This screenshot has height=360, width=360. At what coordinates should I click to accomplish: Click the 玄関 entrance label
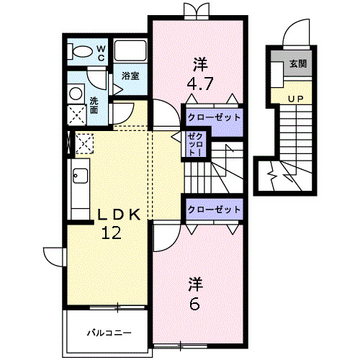click(298, 63)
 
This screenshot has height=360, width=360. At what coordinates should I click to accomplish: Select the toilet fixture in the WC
click(81, 50)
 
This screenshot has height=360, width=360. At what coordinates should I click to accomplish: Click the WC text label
click(101, 52)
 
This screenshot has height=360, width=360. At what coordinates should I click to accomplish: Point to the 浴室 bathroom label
click(130, 76)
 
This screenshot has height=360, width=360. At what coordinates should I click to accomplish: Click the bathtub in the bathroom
click(131, 51)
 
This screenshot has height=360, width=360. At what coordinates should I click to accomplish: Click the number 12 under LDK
click(112, 233)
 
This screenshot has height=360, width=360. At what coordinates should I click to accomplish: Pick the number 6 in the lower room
click(194, 303)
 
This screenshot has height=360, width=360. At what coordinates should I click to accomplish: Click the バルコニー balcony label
click(109, 333)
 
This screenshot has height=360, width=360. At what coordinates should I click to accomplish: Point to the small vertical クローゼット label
click(194, 145)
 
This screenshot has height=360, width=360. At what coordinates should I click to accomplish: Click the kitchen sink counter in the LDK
click(78, 180)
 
